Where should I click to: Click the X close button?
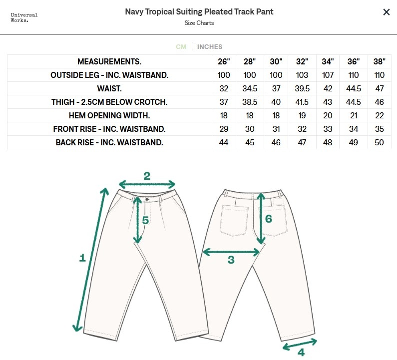(x=386, y=12)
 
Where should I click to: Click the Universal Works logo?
(x=24, y=17)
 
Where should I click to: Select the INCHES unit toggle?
(x=210, y=47)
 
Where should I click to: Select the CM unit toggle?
(x=181, y=47)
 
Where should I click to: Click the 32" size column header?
(x=302, y=62)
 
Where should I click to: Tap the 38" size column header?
(x=380, y=62)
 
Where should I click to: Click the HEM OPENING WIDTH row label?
(x=109, y=115)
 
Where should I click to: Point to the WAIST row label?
(x=109, y=88)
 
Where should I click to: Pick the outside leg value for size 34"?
(x=328, y=75)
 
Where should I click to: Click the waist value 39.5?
(x=302, y=88)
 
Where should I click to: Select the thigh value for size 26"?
(x=224, y=102)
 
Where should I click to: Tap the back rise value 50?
(x=380, y=142)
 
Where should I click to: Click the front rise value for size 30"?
(x=276, y=129)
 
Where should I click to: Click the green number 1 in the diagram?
(x=83, y=258)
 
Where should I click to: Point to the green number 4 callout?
(x=301, y=353)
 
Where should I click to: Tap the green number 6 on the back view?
(x=268, y=219)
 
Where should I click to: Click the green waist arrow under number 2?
(x=147, y=185)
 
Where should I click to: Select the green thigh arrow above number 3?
(x=231, y=252)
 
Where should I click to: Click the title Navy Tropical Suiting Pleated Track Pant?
(x=199, y=11)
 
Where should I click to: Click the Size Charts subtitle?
(x=199, y=23)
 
